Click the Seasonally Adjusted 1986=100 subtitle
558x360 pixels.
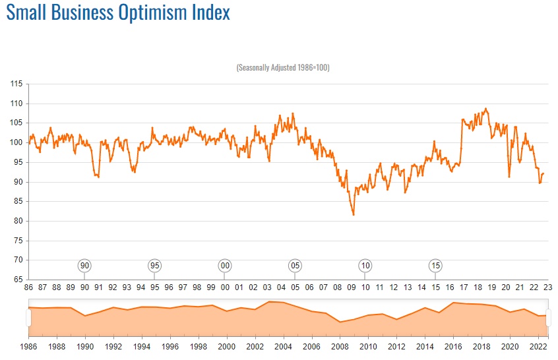point(282,68)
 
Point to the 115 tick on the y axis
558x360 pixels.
point(16,84)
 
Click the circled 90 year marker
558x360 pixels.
point(84,266)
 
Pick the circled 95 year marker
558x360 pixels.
point(154,266)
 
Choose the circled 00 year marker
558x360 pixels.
point(225,266)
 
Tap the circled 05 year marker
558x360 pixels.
point(295,266)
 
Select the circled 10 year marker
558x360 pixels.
point(365,266)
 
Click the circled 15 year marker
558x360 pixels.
point(435,266)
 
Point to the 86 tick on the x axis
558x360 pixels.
point(28,287)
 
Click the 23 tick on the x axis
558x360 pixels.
point(547,287)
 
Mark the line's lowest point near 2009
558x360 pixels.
point(354,214)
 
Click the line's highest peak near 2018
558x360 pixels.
point(486,109)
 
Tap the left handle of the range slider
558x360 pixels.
point(28,317)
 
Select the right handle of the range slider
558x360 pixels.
point(547,317)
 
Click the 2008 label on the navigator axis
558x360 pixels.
point(340,345)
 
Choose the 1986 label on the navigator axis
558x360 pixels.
point(28,345)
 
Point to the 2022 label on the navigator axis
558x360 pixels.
point(538,345)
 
